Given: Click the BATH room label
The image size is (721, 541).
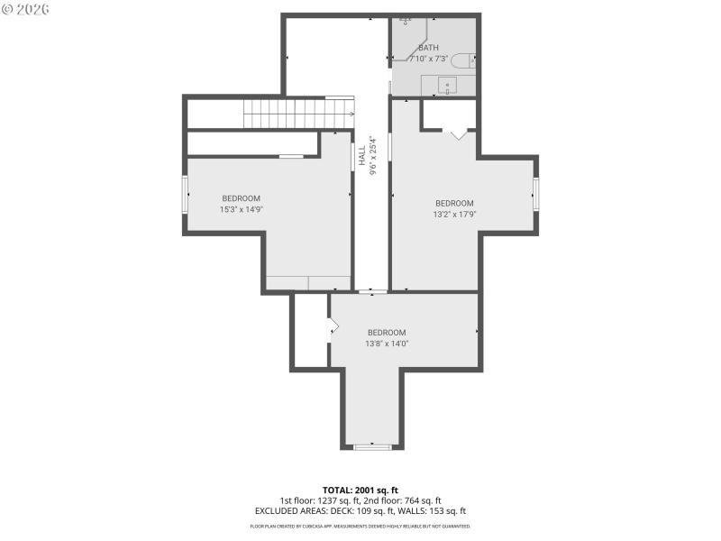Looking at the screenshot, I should tap(428, 47).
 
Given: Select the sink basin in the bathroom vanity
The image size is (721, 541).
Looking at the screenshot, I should tap(447, 87).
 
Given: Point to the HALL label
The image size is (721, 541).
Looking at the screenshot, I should tap(361, 155).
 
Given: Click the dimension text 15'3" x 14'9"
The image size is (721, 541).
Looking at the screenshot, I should tap(241, 209).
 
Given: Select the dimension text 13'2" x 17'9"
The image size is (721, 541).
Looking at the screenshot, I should tap(454, 215).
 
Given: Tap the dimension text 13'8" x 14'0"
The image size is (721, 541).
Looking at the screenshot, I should tap(387, 344).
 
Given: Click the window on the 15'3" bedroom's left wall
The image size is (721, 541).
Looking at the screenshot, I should tap(186, 195).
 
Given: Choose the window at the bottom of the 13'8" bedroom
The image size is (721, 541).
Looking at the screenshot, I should tap(372, 446).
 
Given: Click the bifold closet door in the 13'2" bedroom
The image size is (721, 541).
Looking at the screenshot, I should tap(459, 133).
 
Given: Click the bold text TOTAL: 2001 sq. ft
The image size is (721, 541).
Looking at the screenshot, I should tap(360, 490).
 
